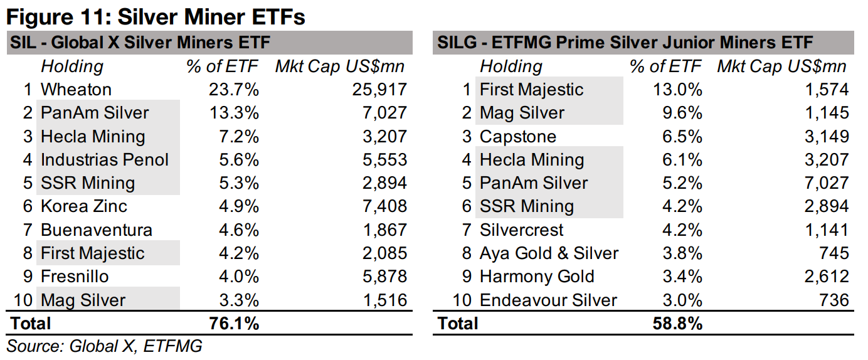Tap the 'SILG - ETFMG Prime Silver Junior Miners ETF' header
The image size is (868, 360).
coord(625,43)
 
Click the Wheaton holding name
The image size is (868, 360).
coord(76,90)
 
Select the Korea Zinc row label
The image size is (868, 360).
coord(83,206)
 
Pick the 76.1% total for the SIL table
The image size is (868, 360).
coord(233,324)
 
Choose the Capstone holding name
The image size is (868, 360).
coord(517,137)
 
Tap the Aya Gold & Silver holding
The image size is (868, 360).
coord(549,253)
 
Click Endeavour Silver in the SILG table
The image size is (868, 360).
coord(548,300)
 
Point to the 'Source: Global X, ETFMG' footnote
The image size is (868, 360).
coord(105,346)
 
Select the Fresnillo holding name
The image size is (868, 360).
coord(75,277)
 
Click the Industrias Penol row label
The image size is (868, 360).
coord(105,160)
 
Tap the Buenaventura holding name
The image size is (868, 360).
coord(96,230)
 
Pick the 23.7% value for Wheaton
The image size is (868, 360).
coord(233,90)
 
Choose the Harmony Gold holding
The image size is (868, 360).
coord(537,277)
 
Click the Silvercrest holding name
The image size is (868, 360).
coord(522,230)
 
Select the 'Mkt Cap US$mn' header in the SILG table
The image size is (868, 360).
coord(781,66)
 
